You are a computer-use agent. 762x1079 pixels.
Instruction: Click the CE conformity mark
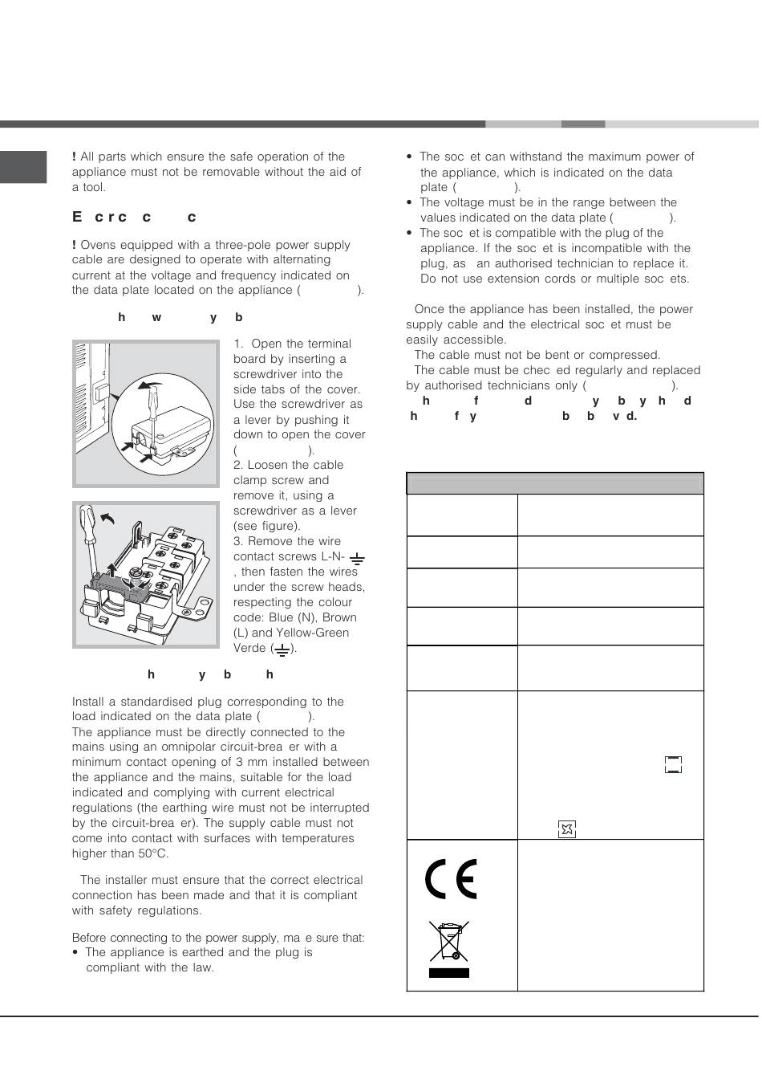[451, 879]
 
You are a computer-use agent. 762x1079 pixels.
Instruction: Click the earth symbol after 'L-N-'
[357, 558]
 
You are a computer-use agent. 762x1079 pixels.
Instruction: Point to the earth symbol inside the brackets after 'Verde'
[282, 648]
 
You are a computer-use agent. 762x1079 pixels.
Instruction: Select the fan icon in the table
[567, 829]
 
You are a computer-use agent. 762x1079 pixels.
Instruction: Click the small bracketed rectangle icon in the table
[673, 764]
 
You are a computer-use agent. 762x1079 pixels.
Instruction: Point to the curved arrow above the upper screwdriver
[148, 385]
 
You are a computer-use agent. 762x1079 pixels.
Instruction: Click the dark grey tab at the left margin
[23, 166]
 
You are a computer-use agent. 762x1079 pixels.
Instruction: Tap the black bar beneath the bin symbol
[448, 972]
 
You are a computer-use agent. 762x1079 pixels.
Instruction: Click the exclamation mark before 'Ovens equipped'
[75, 245]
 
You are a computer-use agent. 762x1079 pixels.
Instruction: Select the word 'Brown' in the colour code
[339, 617]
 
